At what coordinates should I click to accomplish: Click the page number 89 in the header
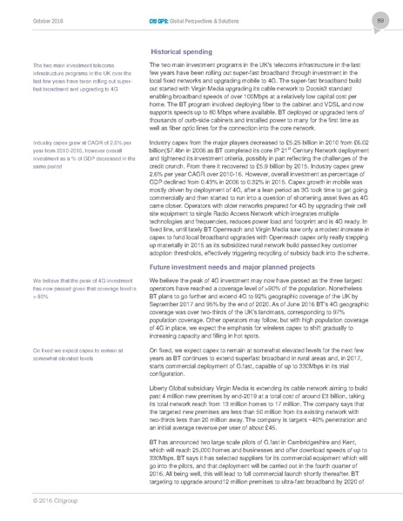[x=379, y=19]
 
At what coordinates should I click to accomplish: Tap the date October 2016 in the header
[x=37, y=19]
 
